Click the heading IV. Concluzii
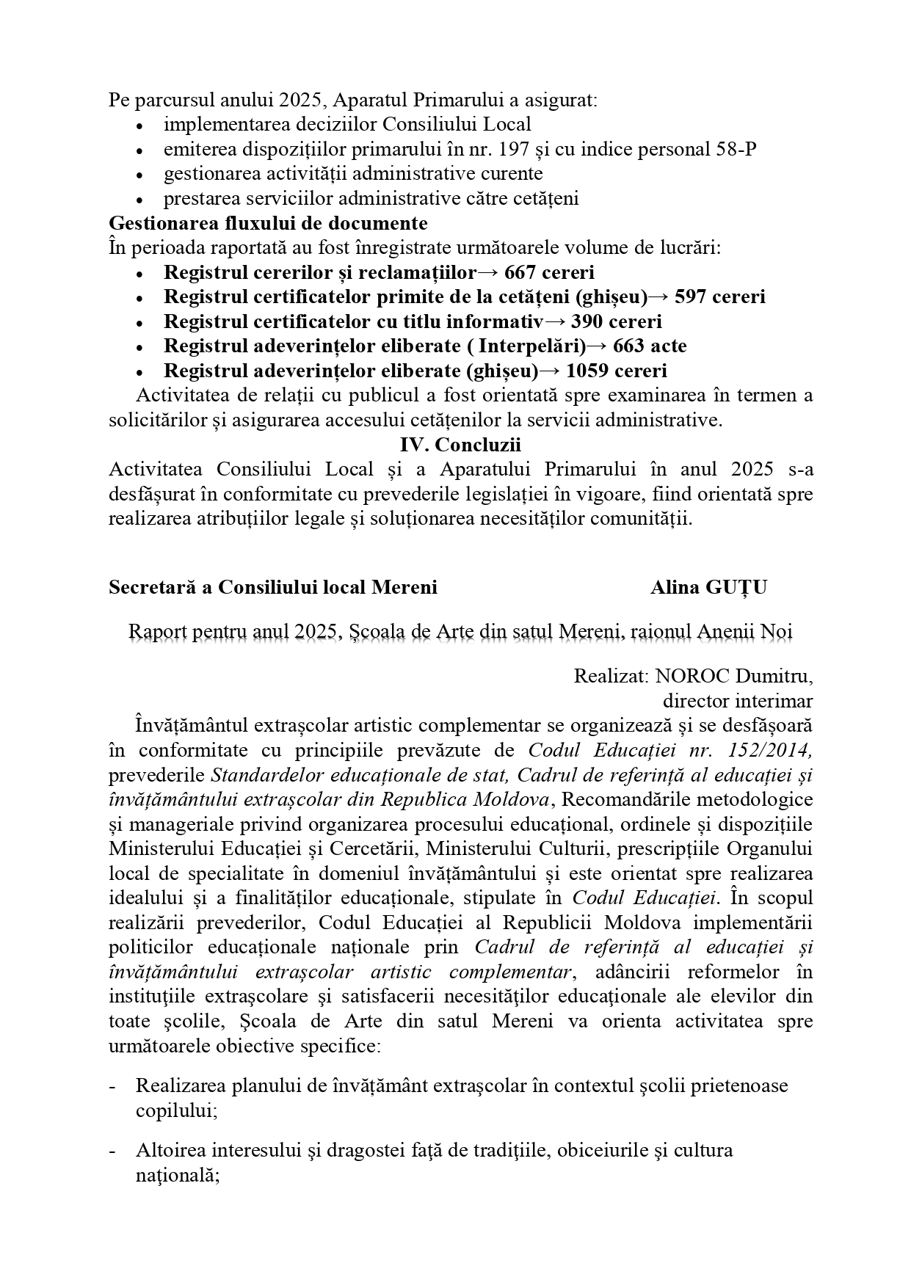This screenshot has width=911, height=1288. click(x=460, y=445)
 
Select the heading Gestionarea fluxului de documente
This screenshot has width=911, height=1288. click(x=268, y=222)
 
